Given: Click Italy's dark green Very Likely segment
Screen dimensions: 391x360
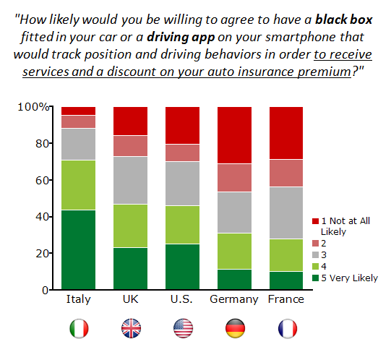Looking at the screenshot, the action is point(78,249).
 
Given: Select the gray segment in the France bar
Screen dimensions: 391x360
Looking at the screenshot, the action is point(286,213).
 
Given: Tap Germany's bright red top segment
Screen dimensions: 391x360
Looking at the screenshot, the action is point(234,135).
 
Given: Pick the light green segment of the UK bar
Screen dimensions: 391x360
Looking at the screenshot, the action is point(130,226).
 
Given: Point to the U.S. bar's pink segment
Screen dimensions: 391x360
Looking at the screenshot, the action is point(183,153).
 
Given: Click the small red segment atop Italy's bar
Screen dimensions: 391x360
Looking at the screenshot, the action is point(78,111).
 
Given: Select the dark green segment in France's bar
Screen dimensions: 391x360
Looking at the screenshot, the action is point(286,280).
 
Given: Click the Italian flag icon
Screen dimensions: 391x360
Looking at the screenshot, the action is point(79,328).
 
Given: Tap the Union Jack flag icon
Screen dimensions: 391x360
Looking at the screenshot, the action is point(131,328).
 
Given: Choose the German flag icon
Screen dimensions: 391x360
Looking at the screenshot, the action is point(235,328).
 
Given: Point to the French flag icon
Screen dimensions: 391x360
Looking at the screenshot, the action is point(288,328).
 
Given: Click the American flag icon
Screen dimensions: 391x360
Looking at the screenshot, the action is point(184,328).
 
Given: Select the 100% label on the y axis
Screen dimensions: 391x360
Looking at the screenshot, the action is point(33,107).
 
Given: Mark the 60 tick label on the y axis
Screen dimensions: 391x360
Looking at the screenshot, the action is point(42,180).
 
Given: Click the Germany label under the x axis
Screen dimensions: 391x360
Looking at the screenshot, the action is point(234,299).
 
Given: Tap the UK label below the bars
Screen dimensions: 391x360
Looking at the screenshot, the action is point(130,299).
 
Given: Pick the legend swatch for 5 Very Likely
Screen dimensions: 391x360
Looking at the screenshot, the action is point(315,278).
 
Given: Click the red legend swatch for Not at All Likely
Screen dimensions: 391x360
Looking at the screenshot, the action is point(315,221).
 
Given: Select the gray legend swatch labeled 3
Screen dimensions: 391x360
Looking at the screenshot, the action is point(315,254).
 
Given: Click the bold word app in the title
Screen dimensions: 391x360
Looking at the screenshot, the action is point(203,38).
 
